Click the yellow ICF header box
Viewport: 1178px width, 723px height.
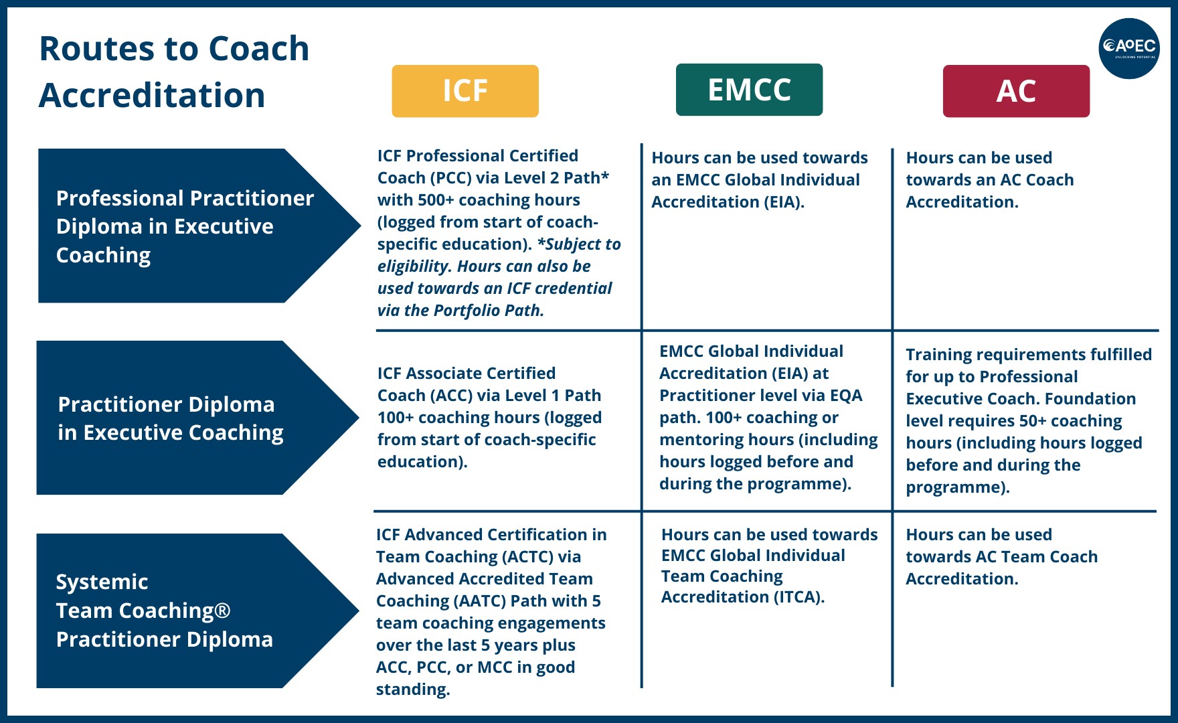pyautogui.click(x=465, y=91)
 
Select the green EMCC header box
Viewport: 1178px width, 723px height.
pyautogui.click(x=749, y=90)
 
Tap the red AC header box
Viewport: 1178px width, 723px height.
pyautogui.click(x=1015, y=91)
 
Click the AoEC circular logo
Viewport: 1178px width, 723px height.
pyautogui.click(x=1129, y=48)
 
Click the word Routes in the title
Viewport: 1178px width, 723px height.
pyautogui.click(x=96, y=49)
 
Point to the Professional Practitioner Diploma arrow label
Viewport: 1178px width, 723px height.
pyautogui.click(x=185, y=226)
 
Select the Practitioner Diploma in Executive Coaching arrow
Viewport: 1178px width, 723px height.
pyautogui.click(x=171, y=418)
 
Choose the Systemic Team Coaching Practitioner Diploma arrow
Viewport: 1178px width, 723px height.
pyautogui.click(x=164, y=611)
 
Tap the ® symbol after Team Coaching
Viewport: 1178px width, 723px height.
pyautogui.click(x=223, y=611)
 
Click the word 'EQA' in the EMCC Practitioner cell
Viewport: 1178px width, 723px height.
pyautogui.click(x=845, y=396)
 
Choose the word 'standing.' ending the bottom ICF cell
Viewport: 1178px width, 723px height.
pyautogui.click(x=412, y=690)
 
